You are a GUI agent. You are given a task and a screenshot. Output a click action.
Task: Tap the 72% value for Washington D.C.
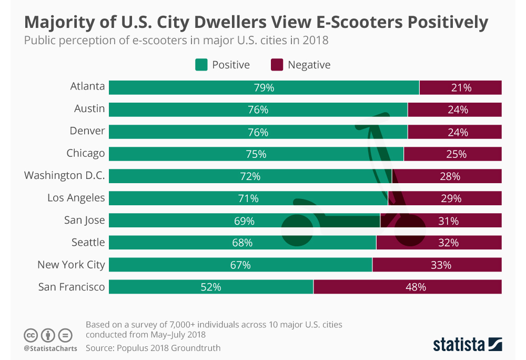(250, 176)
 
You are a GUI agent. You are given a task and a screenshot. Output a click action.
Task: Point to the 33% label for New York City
(441, 265)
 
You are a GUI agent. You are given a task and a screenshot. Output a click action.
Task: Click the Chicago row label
(86, 154)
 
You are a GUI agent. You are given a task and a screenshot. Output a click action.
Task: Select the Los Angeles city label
(76, 198)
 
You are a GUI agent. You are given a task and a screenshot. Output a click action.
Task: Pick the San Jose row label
(85, 221)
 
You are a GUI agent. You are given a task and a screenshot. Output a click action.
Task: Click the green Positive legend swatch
(201, 65)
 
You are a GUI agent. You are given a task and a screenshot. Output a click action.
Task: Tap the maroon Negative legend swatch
(277, 65)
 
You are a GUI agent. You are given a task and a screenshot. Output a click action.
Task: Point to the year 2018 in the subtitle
(317, 41)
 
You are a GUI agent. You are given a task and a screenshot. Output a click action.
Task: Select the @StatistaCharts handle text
(50, 348)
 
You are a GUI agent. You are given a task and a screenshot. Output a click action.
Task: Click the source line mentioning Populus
(153, 348)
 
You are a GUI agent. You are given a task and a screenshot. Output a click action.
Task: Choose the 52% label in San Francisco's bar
(210, 287)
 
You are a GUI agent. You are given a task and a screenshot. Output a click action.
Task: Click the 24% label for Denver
(458, 132)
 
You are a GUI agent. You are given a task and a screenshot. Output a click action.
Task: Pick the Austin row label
(89, 109)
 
